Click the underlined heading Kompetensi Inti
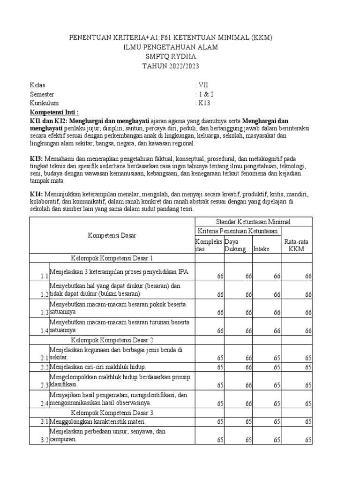click(54, 112)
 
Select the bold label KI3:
click(37, 159)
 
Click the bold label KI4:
click(37, 194)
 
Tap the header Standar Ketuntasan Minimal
click(253, 221)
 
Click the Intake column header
click(261, 249)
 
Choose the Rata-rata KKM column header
click(296, 245)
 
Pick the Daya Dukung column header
click(235, 245)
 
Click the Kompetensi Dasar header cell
click(112, 235)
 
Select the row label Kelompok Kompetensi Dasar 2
click(112, 339)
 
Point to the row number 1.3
click(44, 313)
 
